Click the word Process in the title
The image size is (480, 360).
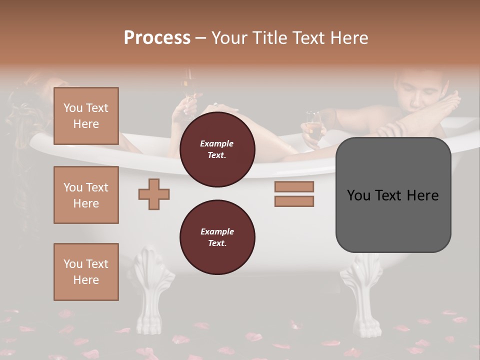point(157,38)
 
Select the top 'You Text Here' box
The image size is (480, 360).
point(86,116)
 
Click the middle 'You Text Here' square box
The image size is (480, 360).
point(86,195)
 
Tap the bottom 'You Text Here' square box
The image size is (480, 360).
point(86,271)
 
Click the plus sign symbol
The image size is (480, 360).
point(154,194)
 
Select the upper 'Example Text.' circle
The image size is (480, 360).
point(217,149)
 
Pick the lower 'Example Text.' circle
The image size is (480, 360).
point(217,237)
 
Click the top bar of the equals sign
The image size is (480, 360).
point(294,186)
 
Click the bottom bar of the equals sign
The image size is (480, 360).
point(294,201)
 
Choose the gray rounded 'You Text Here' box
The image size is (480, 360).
point(393,195)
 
